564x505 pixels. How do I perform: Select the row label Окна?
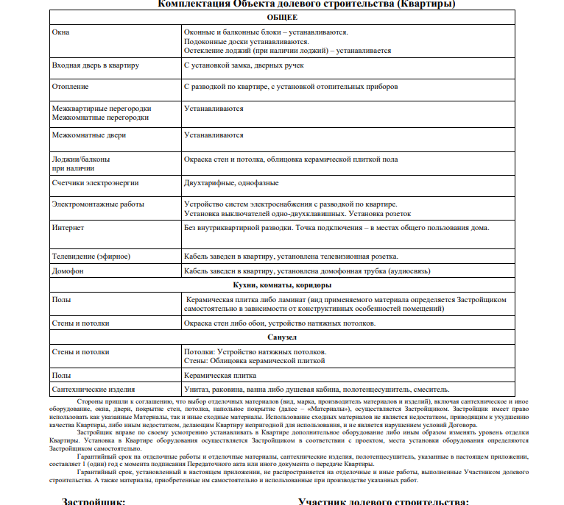60,33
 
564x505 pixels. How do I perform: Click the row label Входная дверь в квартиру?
96,65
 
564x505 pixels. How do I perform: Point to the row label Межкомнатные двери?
89,135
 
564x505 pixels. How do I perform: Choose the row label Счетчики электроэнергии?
95,182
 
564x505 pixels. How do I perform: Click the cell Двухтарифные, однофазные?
231,182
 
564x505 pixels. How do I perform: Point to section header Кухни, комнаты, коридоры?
282,285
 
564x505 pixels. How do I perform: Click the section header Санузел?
283,337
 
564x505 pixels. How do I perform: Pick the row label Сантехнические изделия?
94,389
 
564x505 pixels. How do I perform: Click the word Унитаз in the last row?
197,389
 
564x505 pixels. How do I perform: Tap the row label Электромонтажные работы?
98,204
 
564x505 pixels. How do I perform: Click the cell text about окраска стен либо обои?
280,323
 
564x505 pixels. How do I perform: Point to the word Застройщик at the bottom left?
94,501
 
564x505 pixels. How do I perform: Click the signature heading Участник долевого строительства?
383,501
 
